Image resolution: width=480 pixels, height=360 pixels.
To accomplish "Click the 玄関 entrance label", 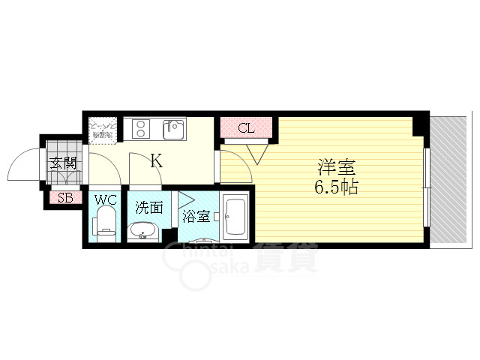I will coord(63,163).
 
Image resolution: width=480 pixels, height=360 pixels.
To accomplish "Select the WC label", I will coord(104,202).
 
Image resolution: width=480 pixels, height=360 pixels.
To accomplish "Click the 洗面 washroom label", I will coord(148,208).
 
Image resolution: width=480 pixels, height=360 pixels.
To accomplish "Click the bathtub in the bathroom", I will coord(236,216).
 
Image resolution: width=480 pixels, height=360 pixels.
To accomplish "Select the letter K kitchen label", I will coord(156,160).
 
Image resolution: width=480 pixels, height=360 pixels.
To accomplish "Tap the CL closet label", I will coord(246,128).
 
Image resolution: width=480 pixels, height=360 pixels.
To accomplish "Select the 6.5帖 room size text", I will coord(334,186).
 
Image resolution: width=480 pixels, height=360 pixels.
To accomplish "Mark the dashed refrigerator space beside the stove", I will coord(103,130).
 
